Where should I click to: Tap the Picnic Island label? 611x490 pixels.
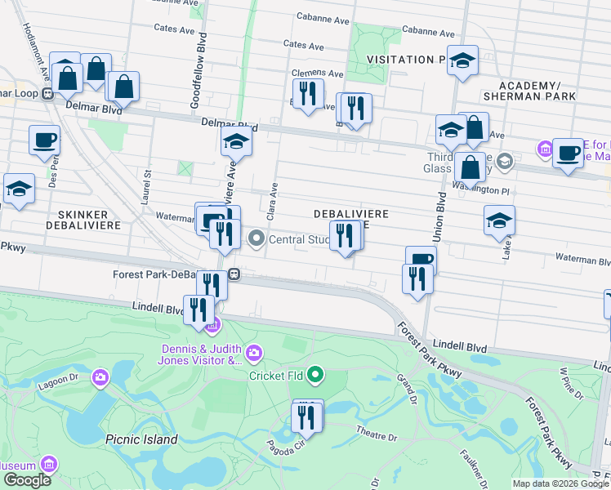[x=141, y=439]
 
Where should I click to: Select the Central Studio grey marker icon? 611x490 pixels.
[x=257, y=239]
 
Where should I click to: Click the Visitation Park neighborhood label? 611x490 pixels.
[x=405, y=60]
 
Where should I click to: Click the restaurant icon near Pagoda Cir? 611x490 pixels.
[x=306, y=416]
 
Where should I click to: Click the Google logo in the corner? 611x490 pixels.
[x=27, y=480]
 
